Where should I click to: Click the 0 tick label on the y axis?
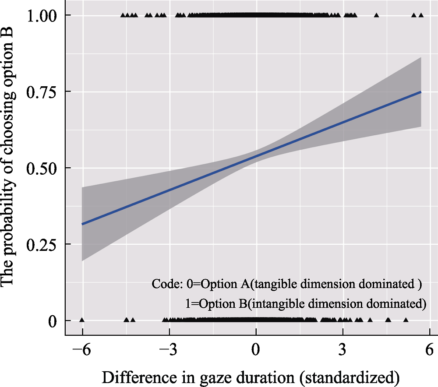point(52,321)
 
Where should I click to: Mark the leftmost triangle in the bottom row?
point(82,320)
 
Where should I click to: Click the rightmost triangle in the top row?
point(421,15)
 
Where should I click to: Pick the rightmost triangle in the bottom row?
point(406,320)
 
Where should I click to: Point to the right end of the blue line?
point(421,92)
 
